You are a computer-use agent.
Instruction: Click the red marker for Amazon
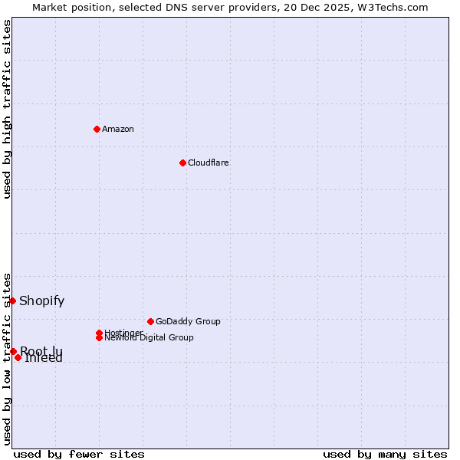(x=97, y=129)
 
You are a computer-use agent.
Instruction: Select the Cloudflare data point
(x=182, y=163)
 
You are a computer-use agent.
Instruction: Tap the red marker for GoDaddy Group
(x=150, y=321)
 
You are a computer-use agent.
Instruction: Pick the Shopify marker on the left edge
(x=13, y=301)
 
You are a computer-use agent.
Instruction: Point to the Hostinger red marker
(x=100, y=333)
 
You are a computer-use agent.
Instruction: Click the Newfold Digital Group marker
(x=100, y=337)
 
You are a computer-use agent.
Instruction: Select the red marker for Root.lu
(x=13, y=351)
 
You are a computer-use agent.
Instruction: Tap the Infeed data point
(x=18, y=357)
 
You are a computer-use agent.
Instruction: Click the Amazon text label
(x=118, y=129)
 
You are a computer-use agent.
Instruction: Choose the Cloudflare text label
(x=209, y=163)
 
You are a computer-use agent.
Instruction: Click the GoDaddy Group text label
(x=188, y=321)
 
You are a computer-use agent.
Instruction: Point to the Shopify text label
(x=42, y=301)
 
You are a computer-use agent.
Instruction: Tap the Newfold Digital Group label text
(x=149, y=338)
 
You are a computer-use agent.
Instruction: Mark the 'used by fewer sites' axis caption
(x=79, y=455)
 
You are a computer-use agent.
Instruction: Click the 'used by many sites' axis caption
(x=385, y=455)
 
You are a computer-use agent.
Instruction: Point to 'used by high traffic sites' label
(x=7, y=109)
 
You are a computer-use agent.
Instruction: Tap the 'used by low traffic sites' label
(x=7, y=358)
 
